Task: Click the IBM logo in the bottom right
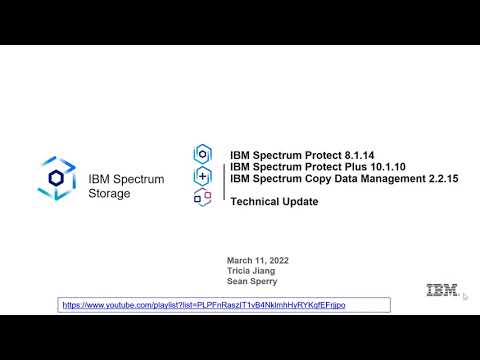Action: click(442, 291)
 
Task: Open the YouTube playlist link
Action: click(203, 304)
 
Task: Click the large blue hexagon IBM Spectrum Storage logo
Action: click(57, 177)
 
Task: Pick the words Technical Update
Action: click(274, 201)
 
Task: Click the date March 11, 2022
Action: click(259, 259)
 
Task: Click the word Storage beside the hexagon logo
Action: click(109, 193)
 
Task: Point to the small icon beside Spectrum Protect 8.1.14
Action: click(202, 154)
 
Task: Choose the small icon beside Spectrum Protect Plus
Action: click(202, 175)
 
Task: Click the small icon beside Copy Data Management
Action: click(202, 197)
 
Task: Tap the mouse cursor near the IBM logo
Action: click(465, 296)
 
